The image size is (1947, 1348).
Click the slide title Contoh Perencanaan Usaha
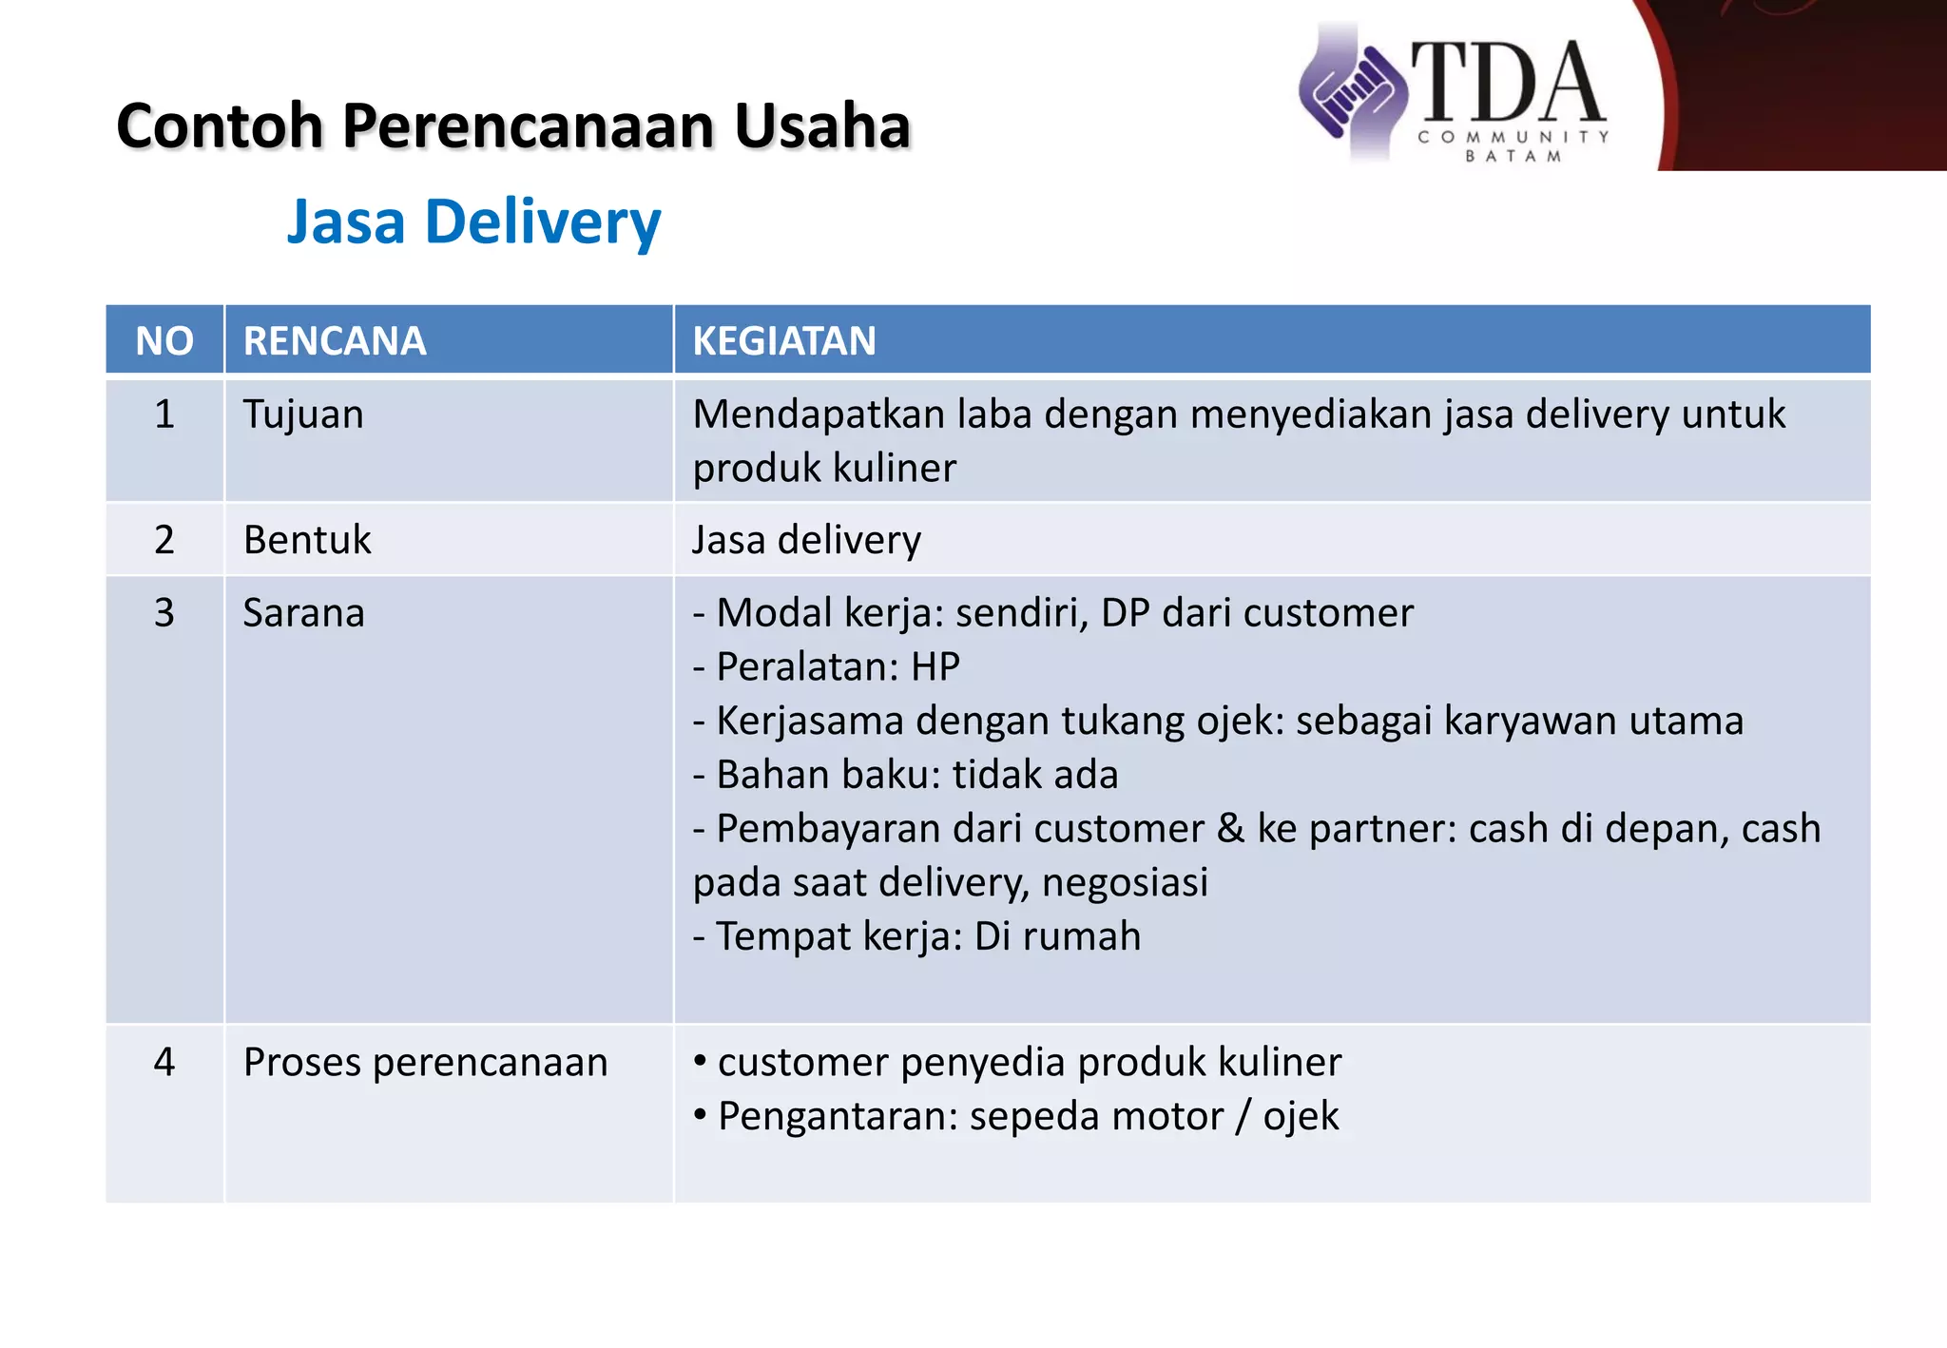(513, 125)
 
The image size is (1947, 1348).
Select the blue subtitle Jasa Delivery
(473, 221)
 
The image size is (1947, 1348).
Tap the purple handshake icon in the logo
(1352, 92)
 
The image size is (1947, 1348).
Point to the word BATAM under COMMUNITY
(1513, 157)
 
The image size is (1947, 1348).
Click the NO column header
(164, 340)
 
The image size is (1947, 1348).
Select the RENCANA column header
(335, 340)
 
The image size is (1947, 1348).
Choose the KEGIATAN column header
(784, 340)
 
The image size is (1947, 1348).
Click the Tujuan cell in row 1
(303, 414)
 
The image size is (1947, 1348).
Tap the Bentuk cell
(307, 540)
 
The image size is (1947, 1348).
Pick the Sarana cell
(303, 613)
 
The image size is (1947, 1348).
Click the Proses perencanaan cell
(425, 1062)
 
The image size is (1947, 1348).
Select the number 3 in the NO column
(164, 613)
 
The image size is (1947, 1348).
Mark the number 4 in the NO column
(164, 1062)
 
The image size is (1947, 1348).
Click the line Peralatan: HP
(826, 667)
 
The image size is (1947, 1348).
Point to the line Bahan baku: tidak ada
(905, 775)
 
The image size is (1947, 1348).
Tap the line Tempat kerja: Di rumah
(916, 936)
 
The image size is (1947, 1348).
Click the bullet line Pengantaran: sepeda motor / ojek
(1017, 1116)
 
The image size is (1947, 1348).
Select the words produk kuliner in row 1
(824, 469)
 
